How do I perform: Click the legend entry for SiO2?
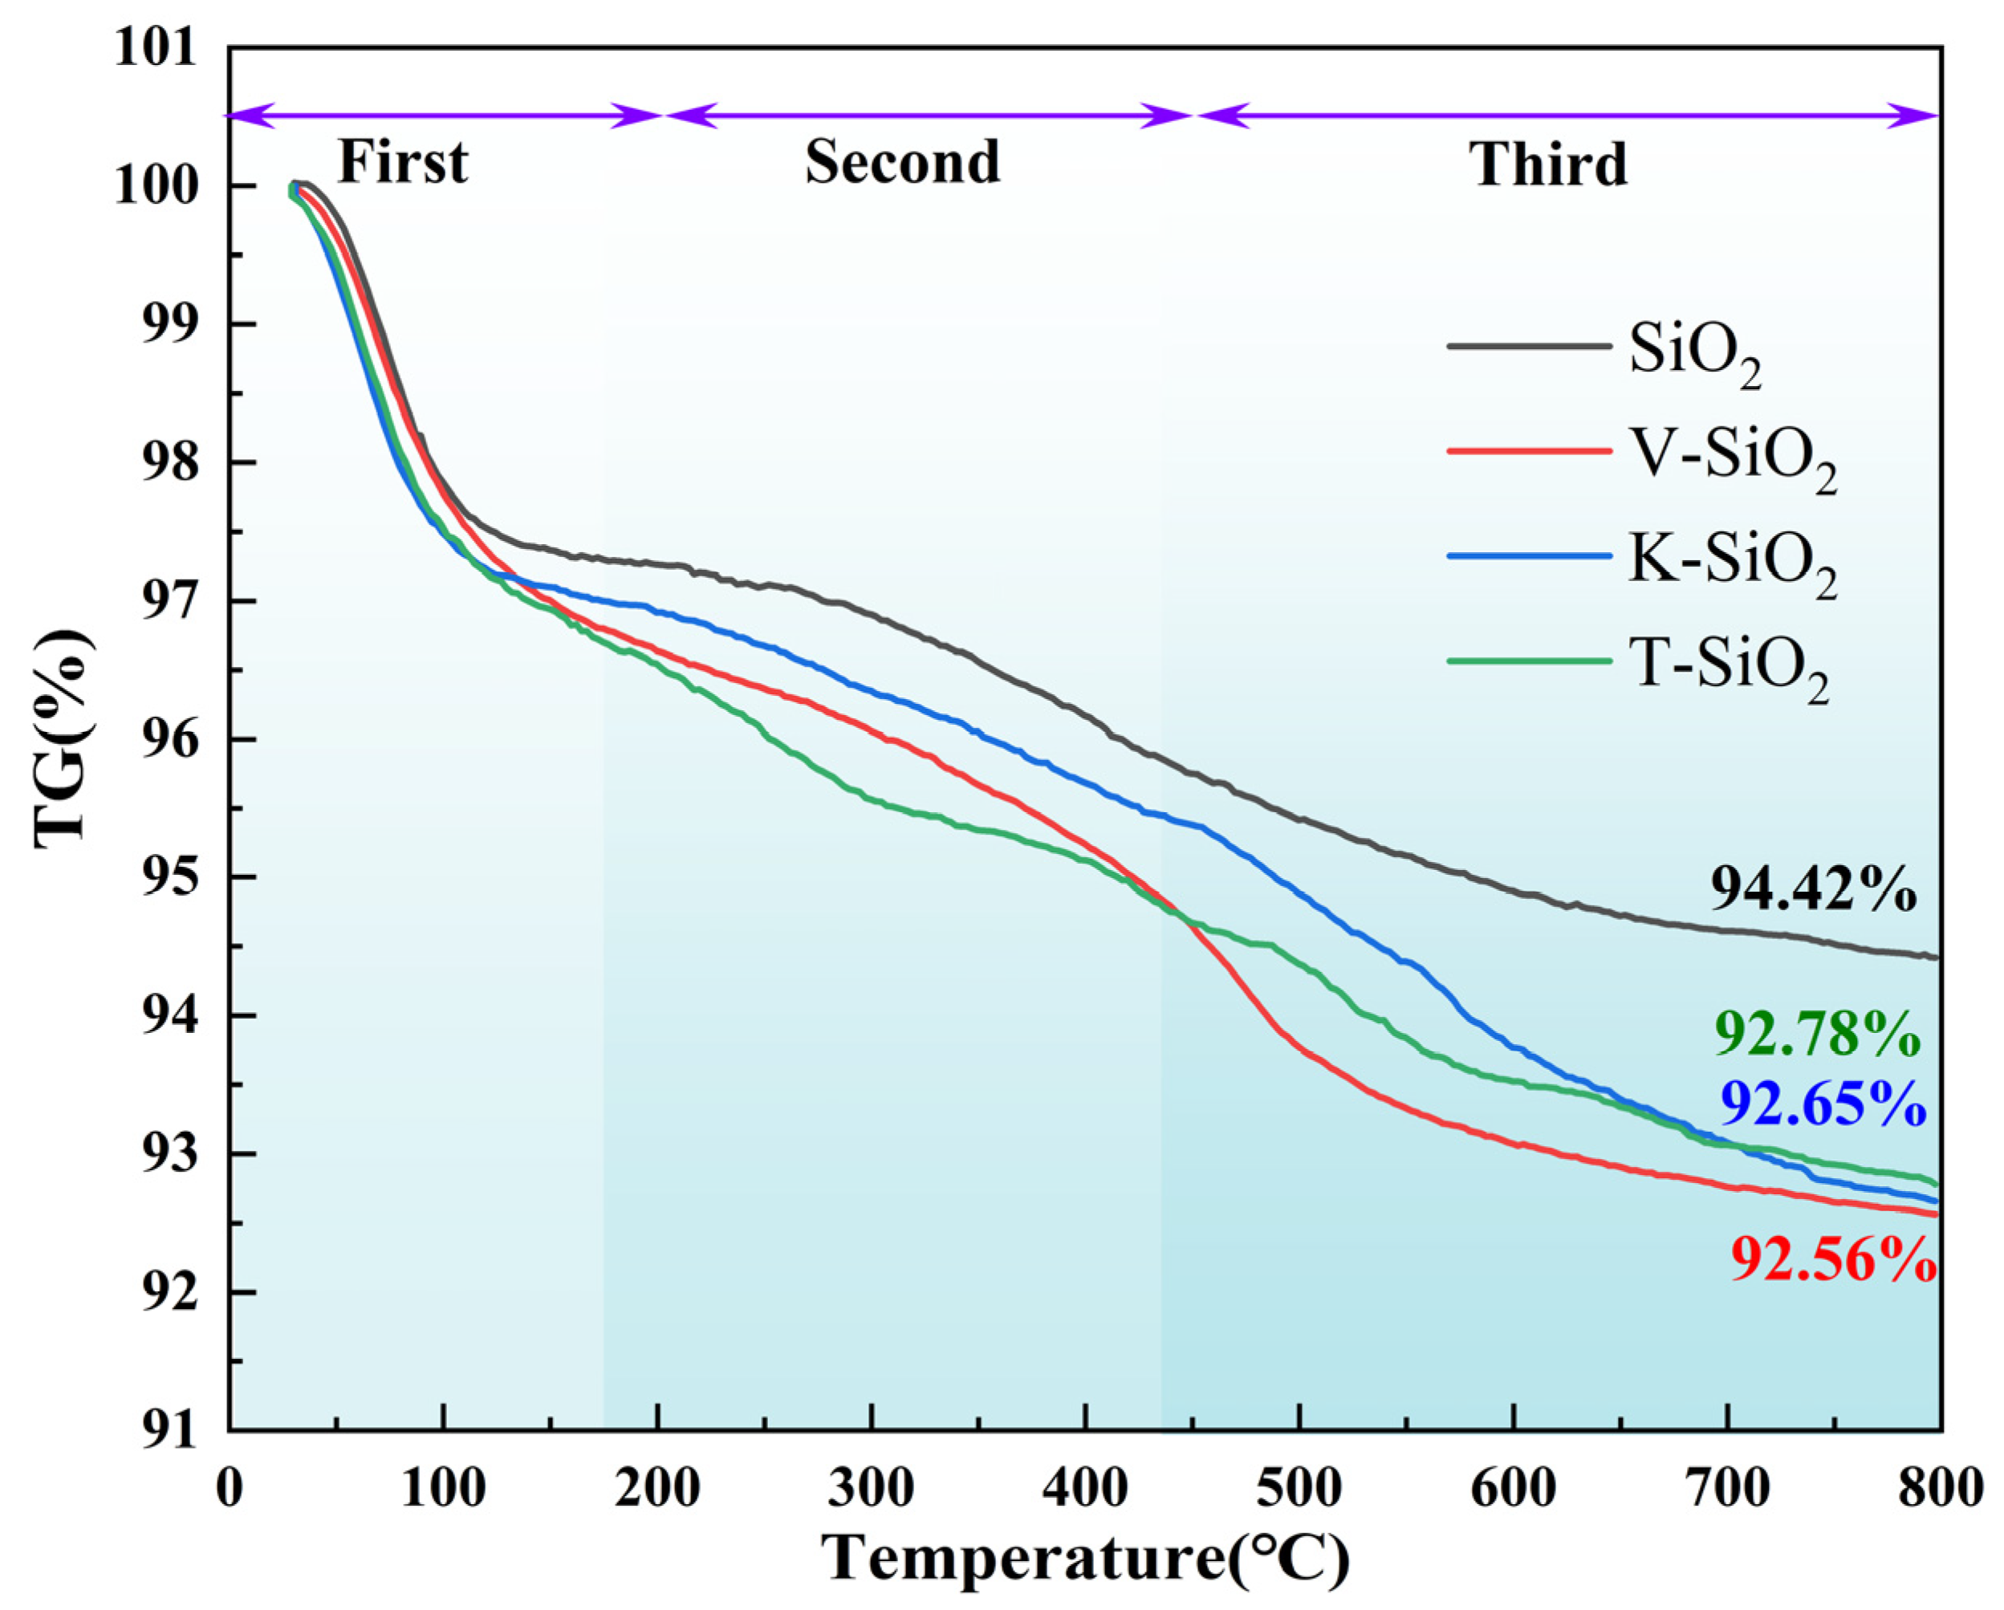click(1694, 352)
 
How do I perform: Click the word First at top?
click(402, 163)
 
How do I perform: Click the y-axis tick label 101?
click(157, 47)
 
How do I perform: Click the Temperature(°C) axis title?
click(1085, 1558)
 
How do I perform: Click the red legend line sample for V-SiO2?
click(1529, 451)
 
